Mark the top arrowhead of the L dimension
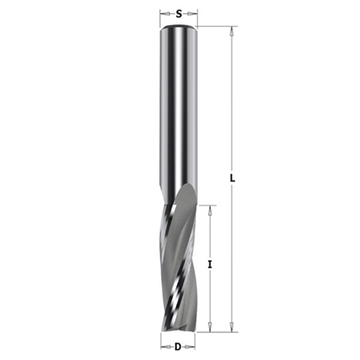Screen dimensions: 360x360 [232, 30]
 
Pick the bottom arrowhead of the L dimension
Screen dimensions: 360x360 [232, 328]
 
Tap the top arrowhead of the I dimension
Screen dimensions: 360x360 [212, 208]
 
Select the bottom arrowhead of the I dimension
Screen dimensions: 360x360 [212, 328]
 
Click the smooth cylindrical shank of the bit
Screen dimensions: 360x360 [179, 104]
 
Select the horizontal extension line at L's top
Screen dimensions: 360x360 [217, 27]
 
